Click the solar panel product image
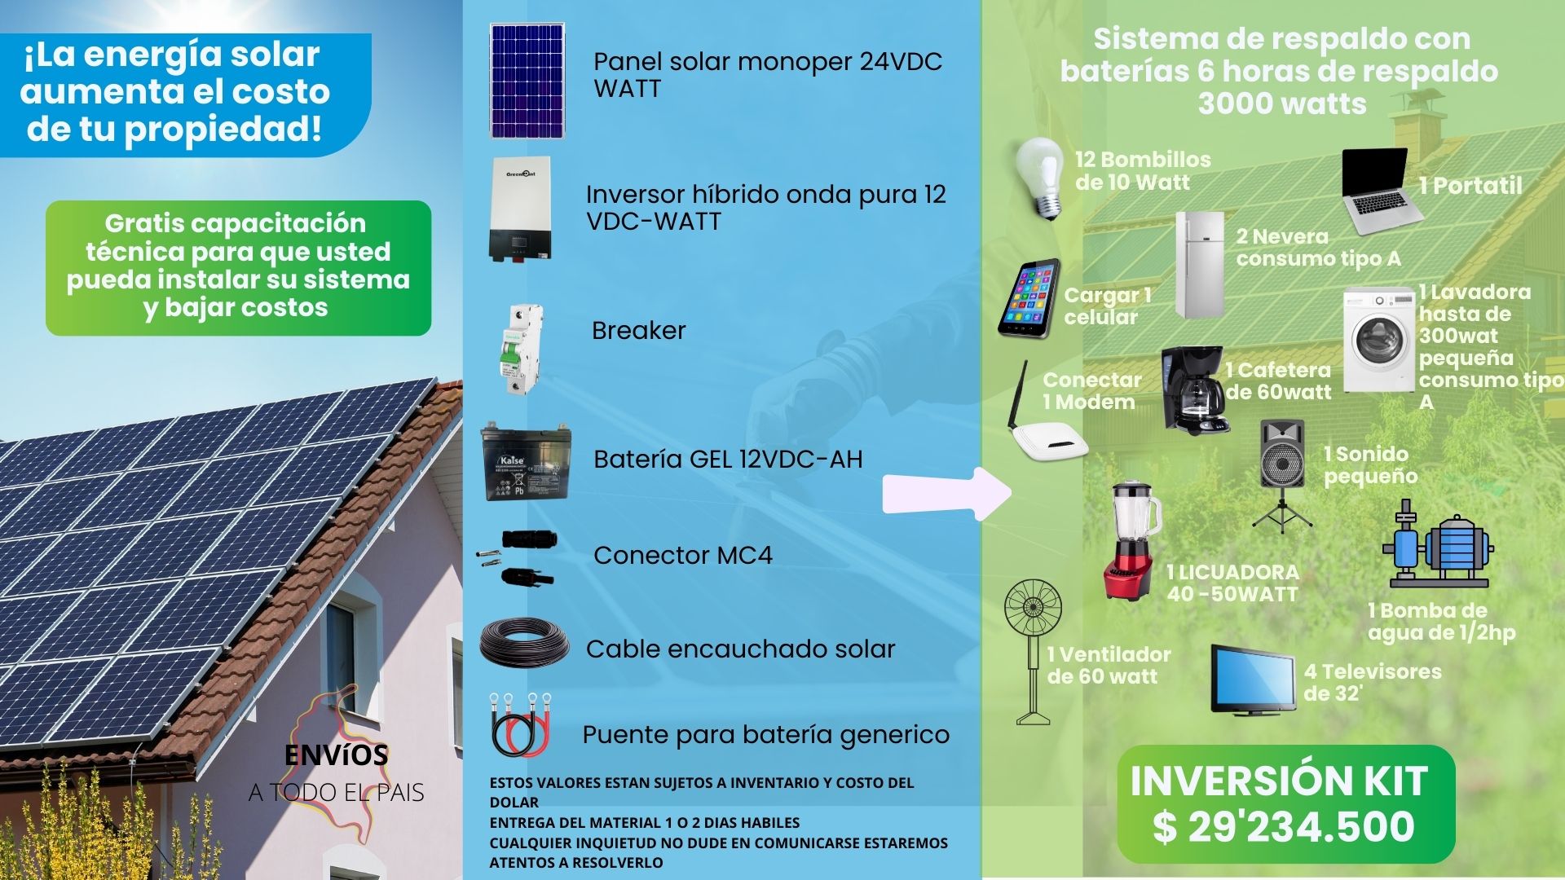click(x=527, y=81)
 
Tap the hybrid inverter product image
click(x=520, y=210)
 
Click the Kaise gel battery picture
click(x=526, y=462)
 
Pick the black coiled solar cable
click(x=525, y=643)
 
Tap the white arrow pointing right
click(x=947, y=494)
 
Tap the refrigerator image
click(x=1199, y=265)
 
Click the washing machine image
click(x=1379, y=341)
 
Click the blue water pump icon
click(x=1438, y=543)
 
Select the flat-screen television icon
click(x=1253, y=679)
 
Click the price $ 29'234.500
click(x=1284, y=826)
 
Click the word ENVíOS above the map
click(x=336, y=755)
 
